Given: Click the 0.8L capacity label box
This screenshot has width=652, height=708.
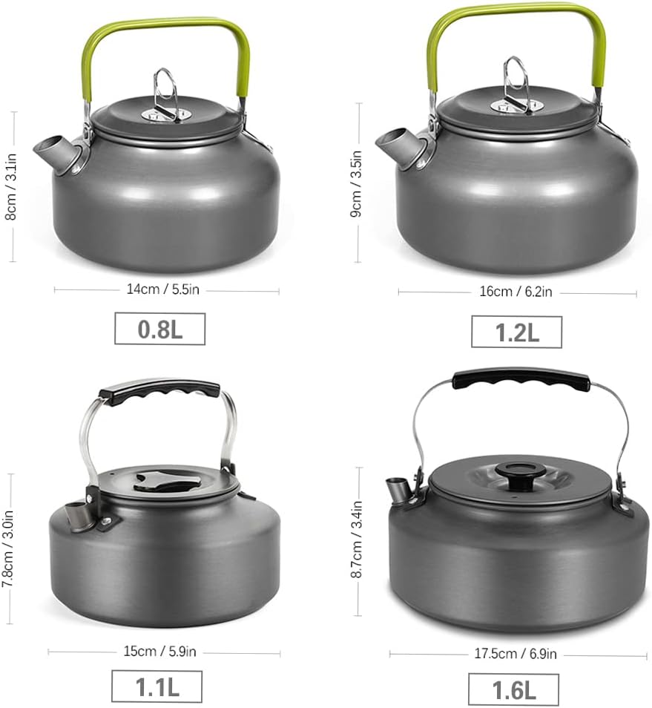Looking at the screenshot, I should click(x=159, y=329).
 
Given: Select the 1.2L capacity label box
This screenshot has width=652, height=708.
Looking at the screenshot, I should click(x=516, y=332).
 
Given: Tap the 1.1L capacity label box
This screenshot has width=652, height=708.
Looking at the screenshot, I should click(x=157, y=686).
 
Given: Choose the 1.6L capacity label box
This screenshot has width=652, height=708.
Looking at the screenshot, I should click(x=513, y=689).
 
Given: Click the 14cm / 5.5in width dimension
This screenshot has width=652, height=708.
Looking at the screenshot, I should click(x=163, y=290).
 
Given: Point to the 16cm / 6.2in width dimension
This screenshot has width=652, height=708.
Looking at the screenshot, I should click(x=516, y=292).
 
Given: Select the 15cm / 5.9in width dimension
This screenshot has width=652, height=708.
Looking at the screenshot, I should click(x=159, y=652).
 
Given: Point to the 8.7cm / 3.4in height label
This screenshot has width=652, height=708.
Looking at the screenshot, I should click(x=358, y=542).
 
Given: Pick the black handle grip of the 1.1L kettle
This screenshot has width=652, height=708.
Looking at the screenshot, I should click(x=160, y=391).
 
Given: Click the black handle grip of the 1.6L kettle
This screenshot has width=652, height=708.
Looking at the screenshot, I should click(x=521, y=378).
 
